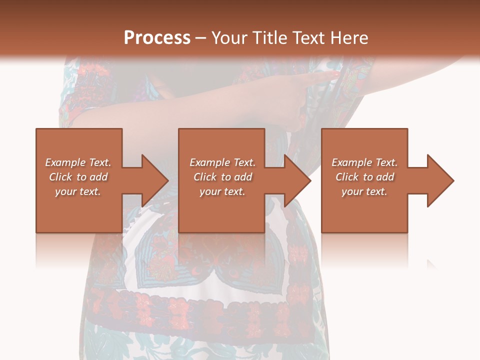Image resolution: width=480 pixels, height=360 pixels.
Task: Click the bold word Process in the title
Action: coord(157,38)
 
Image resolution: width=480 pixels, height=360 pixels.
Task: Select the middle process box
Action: coord(221,210)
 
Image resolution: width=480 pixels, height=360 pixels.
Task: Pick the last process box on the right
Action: coord(364,210)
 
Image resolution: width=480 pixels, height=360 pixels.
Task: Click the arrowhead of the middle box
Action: coord(297,180)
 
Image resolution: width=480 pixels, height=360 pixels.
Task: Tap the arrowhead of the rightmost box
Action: coord(440,180)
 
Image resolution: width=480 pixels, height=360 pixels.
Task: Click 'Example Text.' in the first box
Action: coord(78,162)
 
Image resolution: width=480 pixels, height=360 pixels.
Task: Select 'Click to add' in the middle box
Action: coord(222,177)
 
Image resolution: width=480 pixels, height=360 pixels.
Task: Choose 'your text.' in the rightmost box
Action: coord(364,191)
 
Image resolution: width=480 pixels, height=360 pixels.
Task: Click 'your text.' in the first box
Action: coord(78,191)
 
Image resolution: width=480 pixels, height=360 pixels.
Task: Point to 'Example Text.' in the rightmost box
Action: coord(364,162)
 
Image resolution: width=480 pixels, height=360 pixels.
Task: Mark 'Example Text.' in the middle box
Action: coord(222,162)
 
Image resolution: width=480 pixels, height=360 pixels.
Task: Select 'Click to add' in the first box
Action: coord(78,177)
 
